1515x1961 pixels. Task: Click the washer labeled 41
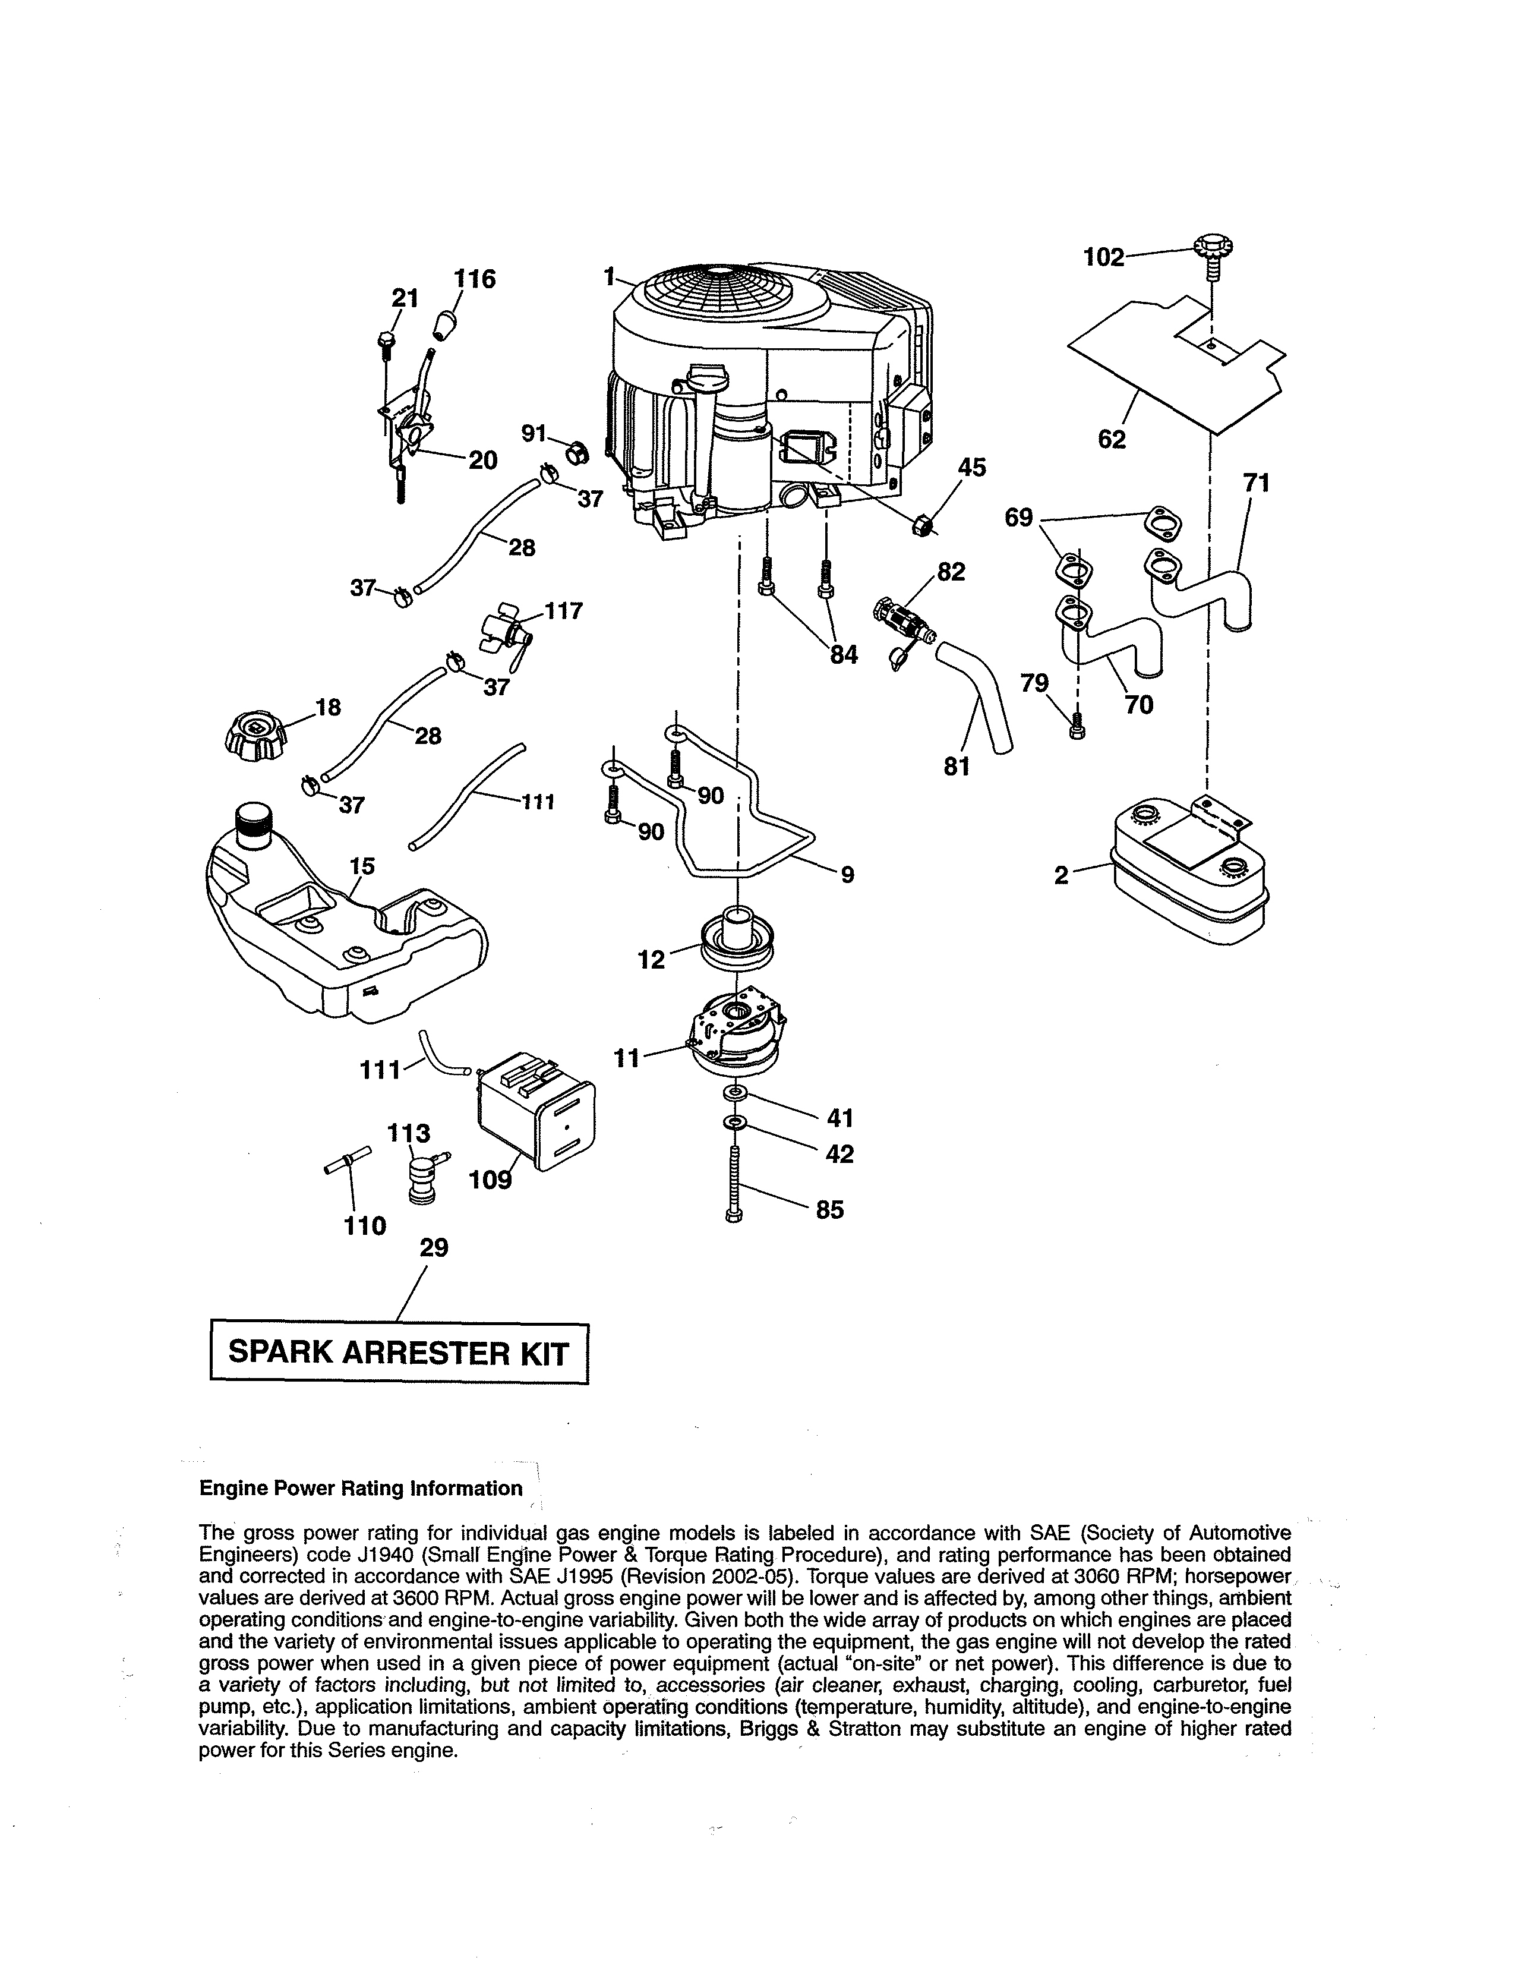[736, 1092]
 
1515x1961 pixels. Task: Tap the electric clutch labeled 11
[736, 1033]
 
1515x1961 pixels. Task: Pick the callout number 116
[474, 279]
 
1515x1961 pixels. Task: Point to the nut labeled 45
[921, 526]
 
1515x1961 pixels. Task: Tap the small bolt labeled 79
[1078, 727]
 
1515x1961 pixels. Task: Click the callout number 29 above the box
[434, 1247]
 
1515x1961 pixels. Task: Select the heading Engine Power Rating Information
[361, 1489]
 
